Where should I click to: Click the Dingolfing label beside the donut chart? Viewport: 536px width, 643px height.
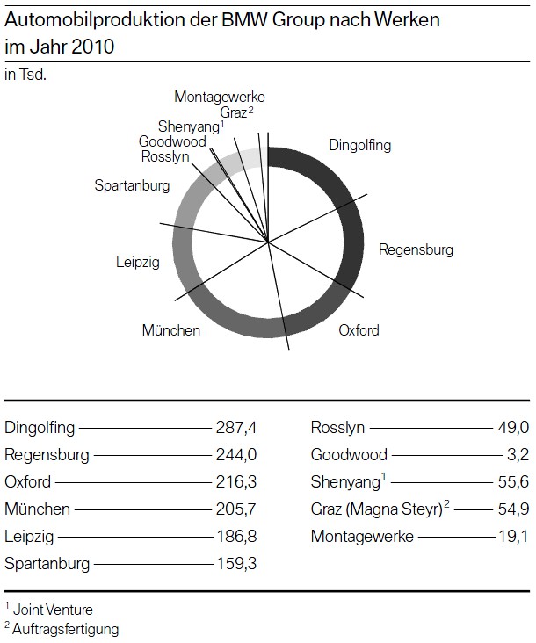point(359,146)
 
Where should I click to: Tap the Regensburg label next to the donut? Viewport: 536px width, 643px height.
point(416,249)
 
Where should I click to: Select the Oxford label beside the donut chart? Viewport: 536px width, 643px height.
point(359,330)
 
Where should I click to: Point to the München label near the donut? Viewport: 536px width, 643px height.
point(170,331)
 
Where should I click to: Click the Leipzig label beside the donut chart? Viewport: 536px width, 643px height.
point(138,261)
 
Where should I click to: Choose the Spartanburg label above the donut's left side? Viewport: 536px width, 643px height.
point(132,185)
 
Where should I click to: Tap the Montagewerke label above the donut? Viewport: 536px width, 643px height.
point(219,97)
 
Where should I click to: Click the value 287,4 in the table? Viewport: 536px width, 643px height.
point(235,429)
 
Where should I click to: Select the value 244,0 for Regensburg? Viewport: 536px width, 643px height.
point(235,456)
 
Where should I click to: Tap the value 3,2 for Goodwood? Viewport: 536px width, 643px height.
point(518,456)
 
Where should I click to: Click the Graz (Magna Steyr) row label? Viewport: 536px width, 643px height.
point(374,509)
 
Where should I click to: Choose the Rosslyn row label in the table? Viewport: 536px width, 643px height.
point(338,429)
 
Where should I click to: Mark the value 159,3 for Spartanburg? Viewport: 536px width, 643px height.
point(235,563)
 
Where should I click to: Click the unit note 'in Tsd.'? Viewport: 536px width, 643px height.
point(25,75)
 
